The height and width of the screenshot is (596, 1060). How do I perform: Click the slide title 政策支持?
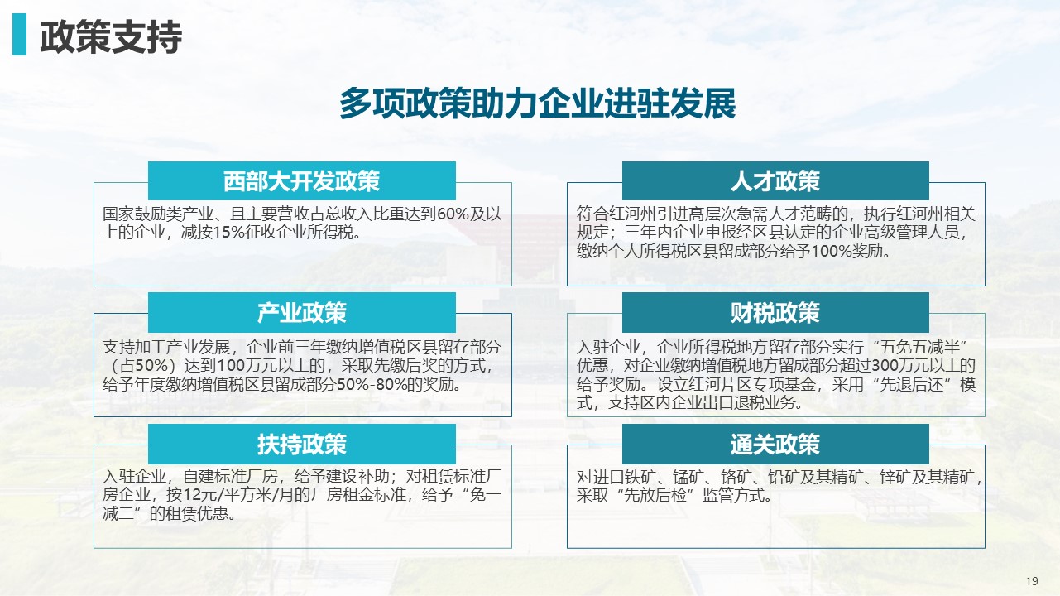click(111, 37)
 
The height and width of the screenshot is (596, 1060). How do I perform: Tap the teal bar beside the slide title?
click(19, 34)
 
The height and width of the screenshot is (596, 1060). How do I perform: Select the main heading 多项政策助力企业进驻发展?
click(538, 103)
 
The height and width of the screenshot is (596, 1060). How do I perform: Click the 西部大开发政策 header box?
click(302, 180)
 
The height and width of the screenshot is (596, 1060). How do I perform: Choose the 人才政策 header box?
click(775, 180)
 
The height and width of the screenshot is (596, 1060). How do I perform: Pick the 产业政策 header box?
click(302, 312)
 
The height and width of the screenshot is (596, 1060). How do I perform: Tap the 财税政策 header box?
click(775, 312)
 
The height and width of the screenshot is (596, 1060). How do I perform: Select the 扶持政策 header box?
click(302, 444)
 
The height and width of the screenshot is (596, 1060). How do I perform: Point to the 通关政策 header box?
click(775, 444)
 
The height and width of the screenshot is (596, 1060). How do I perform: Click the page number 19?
click(1032, 581)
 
